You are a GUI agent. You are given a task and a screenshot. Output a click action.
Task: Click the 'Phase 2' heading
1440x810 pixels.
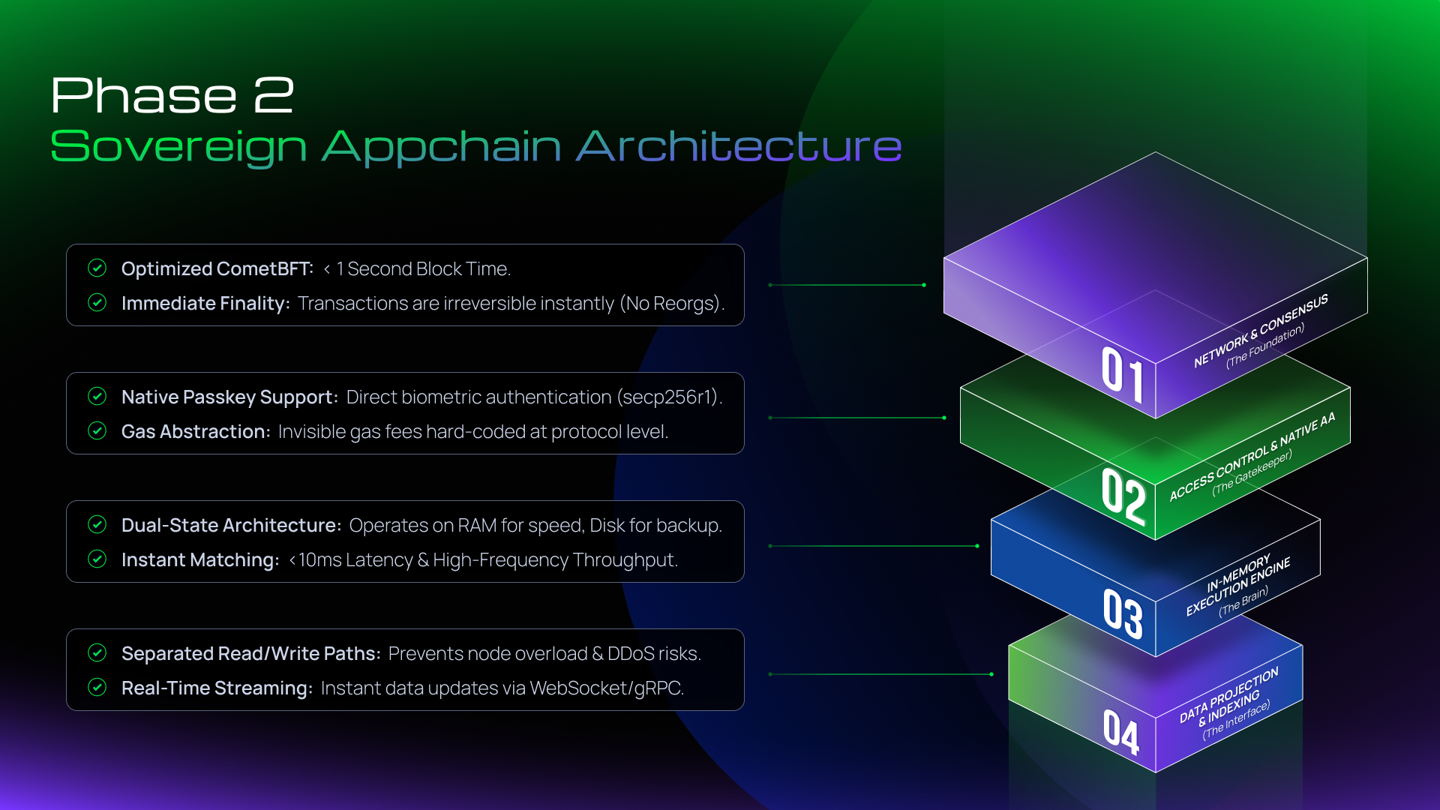172,95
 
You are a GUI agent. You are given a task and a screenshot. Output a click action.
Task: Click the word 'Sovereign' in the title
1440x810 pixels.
178,147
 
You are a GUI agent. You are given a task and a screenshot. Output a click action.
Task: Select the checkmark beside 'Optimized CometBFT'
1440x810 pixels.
97,268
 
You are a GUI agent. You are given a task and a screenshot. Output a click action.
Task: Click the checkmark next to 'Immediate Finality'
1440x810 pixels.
97,302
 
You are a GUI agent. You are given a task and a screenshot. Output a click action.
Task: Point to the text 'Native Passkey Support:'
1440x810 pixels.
229,397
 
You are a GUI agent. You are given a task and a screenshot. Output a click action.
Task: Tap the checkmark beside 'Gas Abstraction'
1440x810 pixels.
97,430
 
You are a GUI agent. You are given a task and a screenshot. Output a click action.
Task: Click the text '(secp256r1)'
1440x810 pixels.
670,397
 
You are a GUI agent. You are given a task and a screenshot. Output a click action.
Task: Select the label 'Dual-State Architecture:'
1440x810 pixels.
232,525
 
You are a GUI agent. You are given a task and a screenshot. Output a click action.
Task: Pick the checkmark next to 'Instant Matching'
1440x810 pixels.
97,559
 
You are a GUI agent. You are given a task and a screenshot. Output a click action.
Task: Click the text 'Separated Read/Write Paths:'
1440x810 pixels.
251,653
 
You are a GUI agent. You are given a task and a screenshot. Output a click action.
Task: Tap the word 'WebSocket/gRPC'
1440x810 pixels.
607,688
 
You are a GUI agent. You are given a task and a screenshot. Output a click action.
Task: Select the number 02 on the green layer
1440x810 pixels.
1123,496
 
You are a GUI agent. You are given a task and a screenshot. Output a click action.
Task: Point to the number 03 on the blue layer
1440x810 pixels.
1123,613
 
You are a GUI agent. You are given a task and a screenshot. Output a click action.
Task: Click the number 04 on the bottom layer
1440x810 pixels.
1121,731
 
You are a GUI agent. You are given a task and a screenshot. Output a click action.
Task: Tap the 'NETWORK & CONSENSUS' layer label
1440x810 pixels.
1261,330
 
